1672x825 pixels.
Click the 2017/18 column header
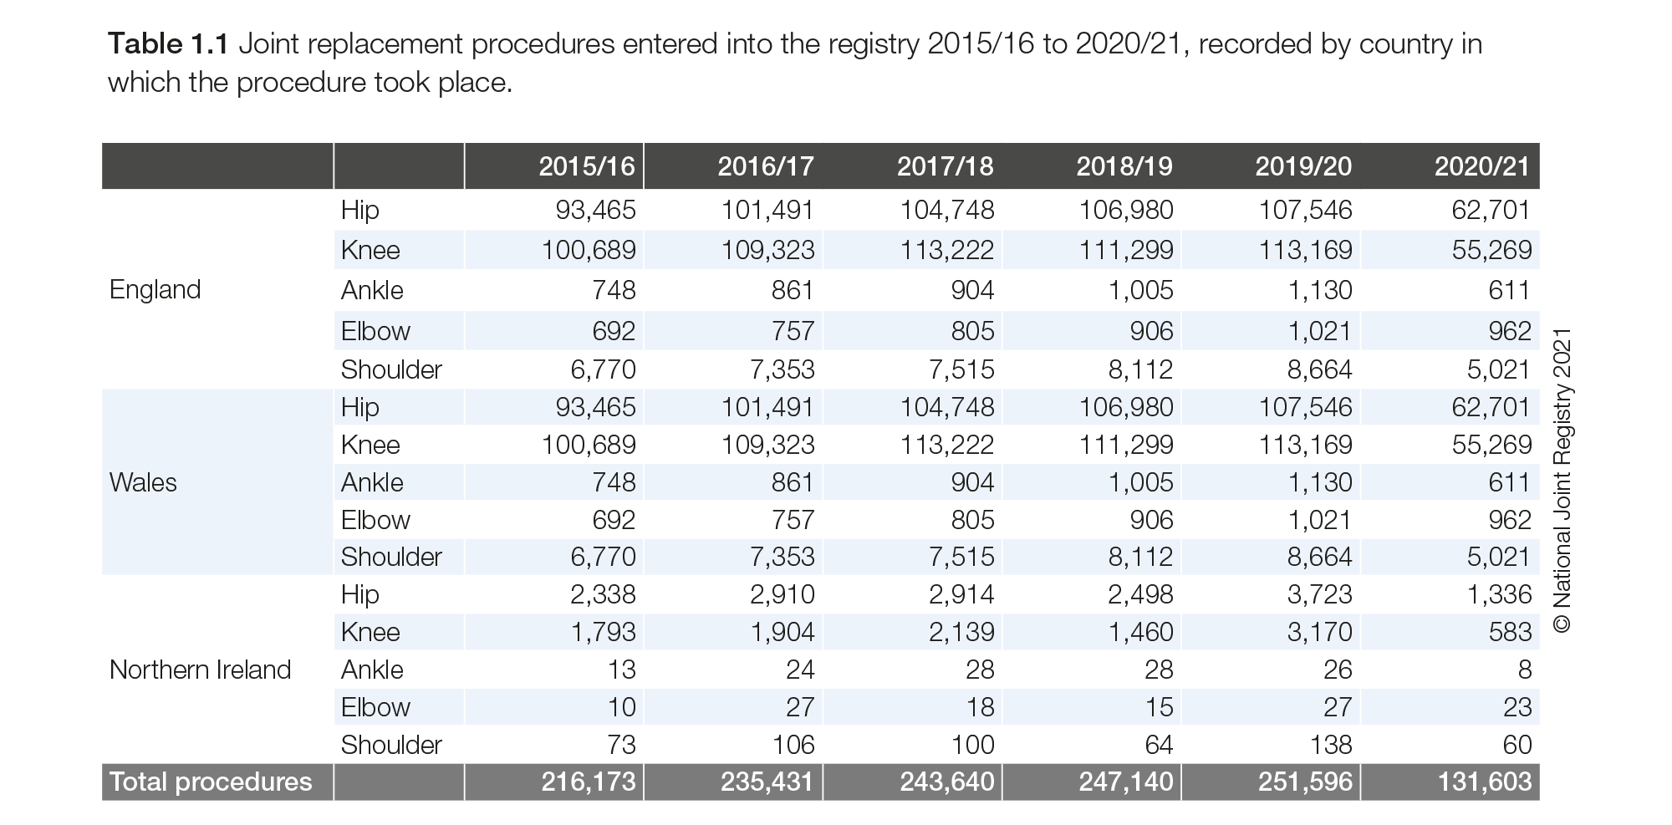click(x=945, y=166)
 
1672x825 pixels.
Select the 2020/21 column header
click(x=1482, y=166)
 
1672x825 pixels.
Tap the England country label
click(x=155, y=289)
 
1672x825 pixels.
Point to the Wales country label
click(x=143, y=482)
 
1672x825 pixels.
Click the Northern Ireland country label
click(x=200, y=670)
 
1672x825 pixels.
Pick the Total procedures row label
click(x=211, y=782)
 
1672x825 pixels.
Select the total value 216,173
click(x=589, y=782)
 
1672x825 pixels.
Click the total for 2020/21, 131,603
click(x=1485, y=782)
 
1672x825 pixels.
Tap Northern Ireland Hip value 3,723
click(x=1319, y=594)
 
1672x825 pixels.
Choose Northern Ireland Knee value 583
click(x=1510, y=632)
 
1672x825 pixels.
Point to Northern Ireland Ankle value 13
click(x=621, y=670)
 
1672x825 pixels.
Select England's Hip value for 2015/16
click(x=596, y=210)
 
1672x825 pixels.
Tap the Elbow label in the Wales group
click(x=375, y=520)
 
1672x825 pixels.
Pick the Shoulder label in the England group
click(x=391, y=369)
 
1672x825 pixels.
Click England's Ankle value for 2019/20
click(x=1319, y=290)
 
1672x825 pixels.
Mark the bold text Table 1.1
click(x=168, y=43)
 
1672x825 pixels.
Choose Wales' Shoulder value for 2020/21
click(x=1499, y=557)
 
